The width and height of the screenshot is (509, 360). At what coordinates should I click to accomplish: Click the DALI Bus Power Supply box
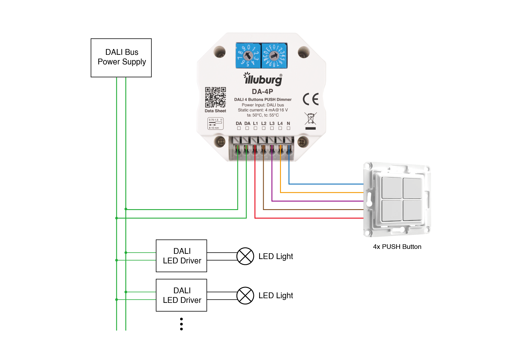point(121,58)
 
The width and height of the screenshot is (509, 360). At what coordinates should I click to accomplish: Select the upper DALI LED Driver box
point(181,256)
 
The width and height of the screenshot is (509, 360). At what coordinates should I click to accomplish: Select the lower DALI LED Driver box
point(181,295)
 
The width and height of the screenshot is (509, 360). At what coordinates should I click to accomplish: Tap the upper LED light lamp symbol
point(245,256)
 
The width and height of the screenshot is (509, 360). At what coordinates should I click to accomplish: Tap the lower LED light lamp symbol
point(245,296)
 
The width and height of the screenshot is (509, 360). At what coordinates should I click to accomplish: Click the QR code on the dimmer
point(215,97)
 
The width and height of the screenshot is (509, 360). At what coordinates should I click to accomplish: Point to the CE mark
point(311,99)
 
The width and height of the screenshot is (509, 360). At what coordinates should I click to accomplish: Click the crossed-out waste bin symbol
point(311,119)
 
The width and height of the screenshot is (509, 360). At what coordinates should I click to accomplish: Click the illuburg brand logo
point(263,79)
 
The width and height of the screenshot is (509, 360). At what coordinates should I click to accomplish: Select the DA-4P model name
point(262,92)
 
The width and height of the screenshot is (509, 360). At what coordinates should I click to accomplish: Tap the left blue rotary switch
point(248,56)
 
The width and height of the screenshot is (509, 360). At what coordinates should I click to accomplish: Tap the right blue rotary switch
point(274,56)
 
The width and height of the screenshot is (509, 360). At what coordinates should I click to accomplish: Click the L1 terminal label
point(255,124)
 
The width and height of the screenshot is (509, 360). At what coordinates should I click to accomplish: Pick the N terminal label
point(288,124)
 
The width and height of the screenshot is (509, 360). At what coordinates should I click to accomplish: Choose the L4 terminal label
point(280,124)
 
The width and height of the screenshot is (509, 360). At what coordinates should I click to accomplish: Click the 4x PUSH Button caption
point(397,247)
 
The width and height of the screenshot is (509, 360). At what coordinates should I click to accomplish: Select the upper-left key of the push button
point(391,188)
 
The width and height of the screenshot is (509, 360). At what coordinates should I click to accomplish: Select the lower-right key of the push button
point(412,210)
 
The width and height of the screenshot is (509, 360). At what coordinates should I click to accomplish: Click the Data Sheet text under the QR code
point(215,111)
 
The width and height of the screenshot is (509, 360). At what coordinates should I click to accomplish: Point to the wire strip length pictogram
point(216,124)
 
